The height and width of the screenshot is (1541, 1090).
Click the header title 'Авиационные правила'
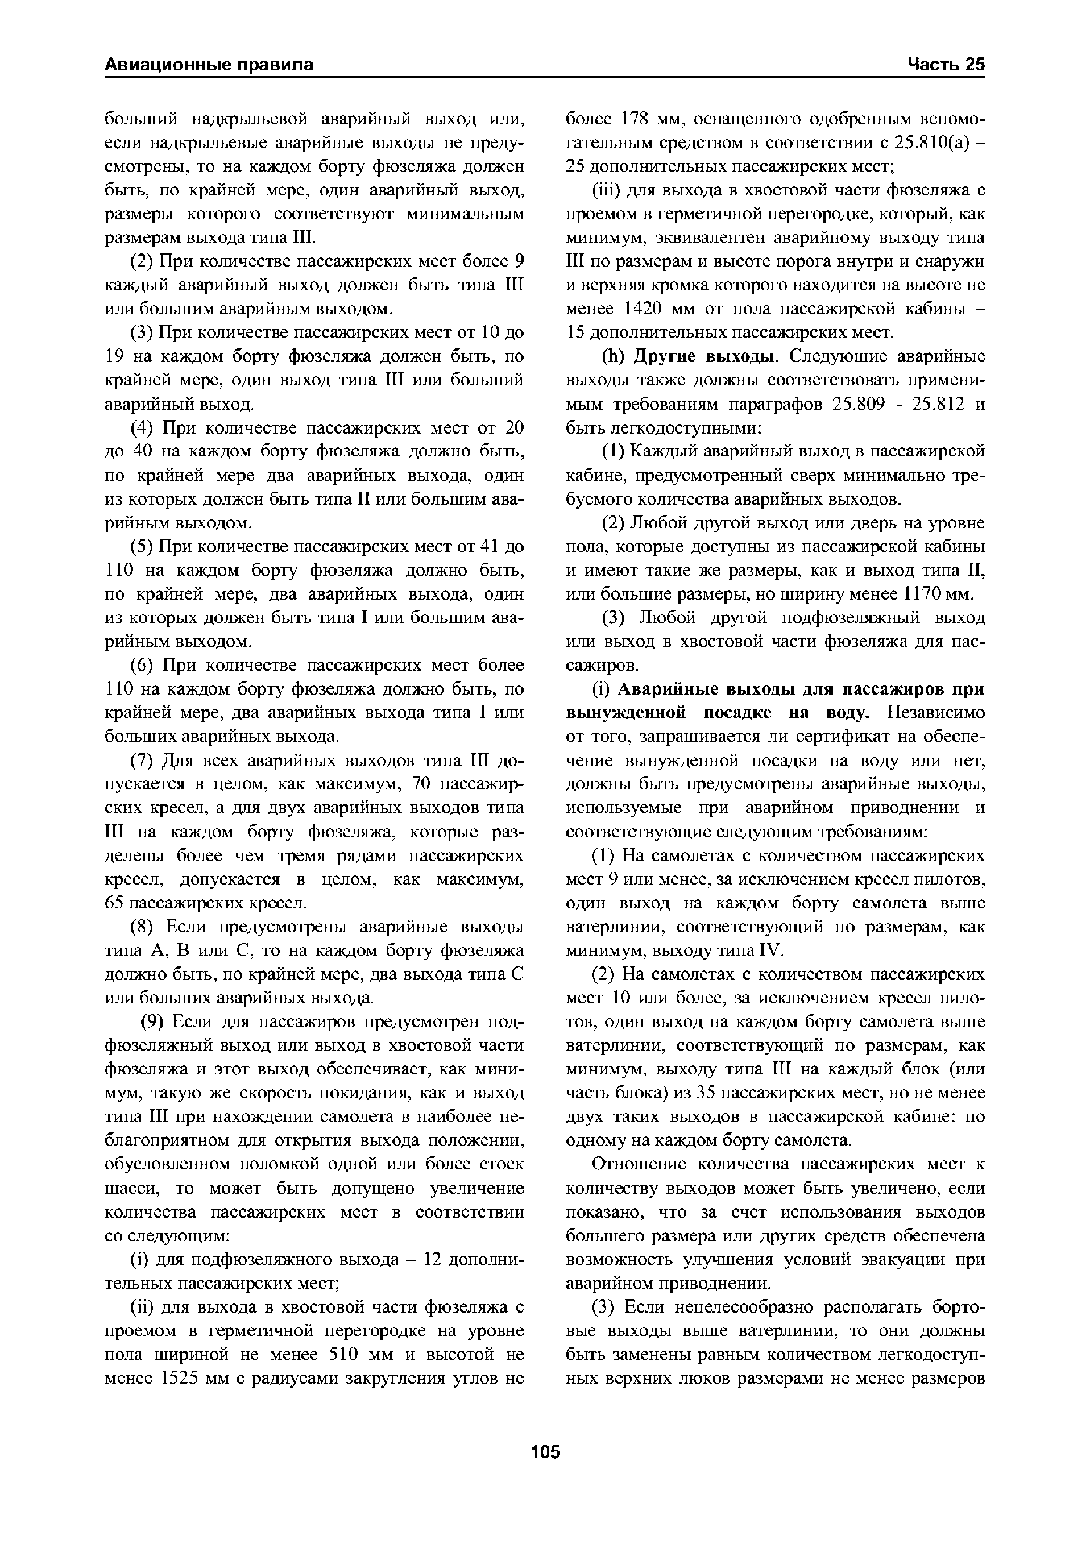[x=209, y=65]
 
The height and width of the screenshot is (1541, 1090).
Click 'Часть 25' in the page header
[x=946, y=65]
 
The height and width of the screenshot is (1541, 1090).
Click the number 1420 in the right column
[x=644, y=309]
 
